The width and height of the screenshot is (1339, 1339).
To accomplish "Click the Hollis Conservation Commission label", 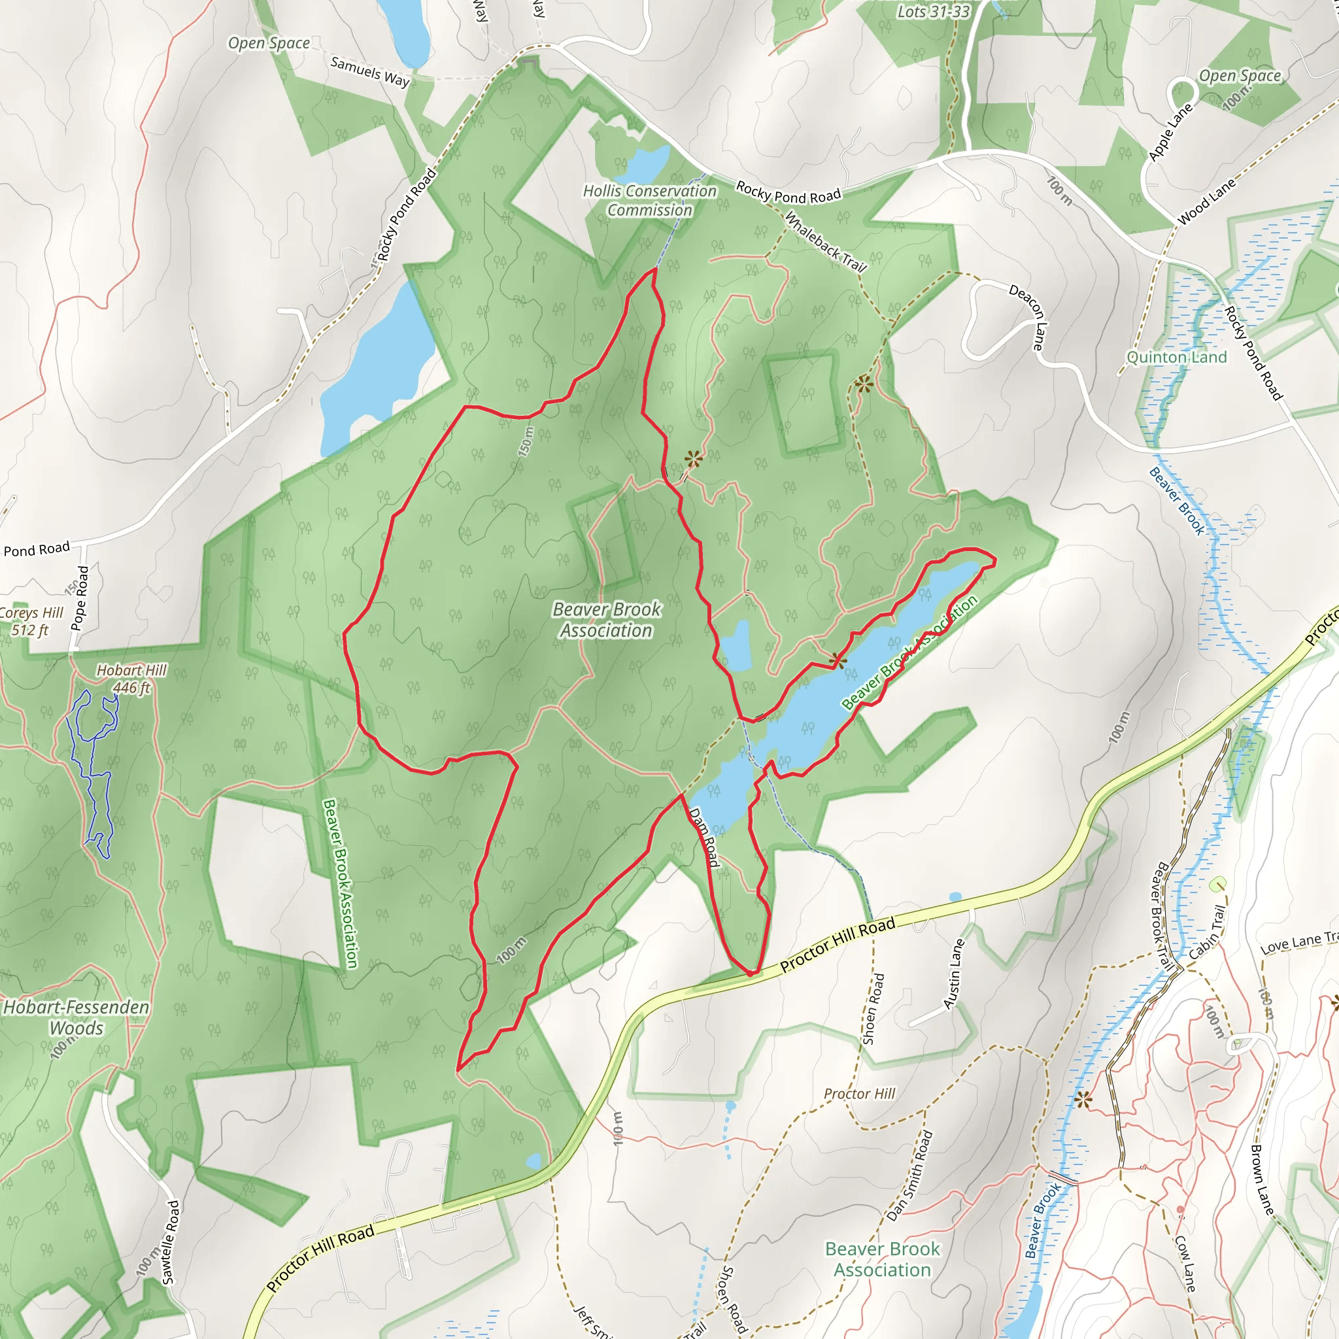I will point(649,200).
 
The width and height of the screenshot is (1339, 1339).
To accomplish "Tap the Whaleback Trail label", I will point(824,242).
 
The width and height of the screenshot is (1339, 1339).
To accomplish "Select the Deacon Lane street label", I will point(1026,316).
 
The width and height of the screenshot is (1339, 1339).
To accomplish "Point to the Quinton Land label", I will point(1176,358).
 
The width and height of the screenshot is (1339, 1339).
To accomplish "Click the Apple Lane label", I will point(1170,132).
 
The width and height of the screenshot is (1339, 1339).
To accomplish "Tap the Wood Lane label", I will point(1207,201).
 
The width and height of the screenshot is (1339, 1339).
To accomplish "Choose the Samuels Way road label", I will point(369,71).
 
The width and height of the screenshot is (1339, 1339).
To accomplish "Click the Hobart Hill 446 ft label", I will point(131,679).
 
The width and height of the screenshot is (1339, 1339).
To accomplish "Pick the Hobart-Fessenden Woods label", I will point(76,1017).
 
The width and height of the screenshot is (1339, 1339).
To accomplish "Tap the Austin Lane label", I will point(955,974).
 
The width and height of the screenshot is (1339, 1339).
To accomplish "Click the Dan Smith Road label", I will point(910,1176).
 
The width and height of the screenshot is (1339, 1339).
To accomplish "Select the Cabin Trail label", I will point(1208,933).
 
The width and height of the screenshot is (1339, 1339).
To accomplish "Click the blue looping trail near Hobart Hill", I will point(91,762).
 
